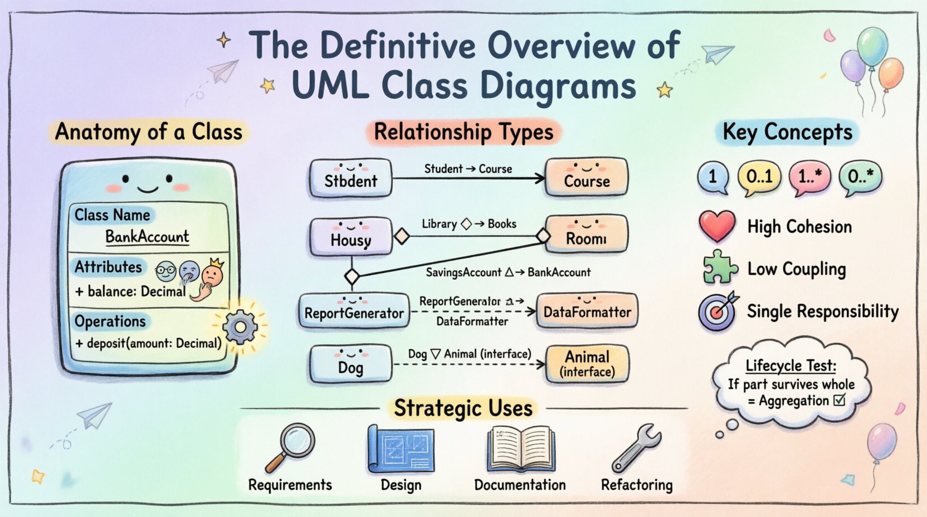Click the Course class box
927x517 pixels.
tap(587, 177)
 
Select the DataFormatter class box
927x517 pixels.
tap(587, 312)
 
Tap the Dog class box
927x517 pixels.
tap(350, 364)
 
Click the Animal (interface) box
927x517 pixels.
tap(587, 364)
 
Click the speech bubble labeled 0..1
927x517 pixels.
tap(759, 177)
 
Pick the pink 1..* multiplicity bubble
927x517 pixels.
tap(809, 177)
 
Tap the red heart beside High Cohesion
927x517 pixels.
tap(717, 226)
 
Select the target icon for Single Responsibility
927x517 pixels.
tap(717, 312)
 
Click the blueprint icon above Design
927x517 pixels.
tap(401, 449)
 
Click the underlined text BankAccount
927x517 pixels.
tap(147, 237)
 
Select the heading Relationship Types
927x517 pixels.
tap(463, 133)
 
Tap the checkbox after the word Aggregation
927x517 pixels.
tap(840, 399)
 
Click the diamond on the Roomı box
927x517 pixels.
tap(543, 236)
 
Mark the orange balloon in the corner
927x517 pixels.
tap(890, 74)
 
